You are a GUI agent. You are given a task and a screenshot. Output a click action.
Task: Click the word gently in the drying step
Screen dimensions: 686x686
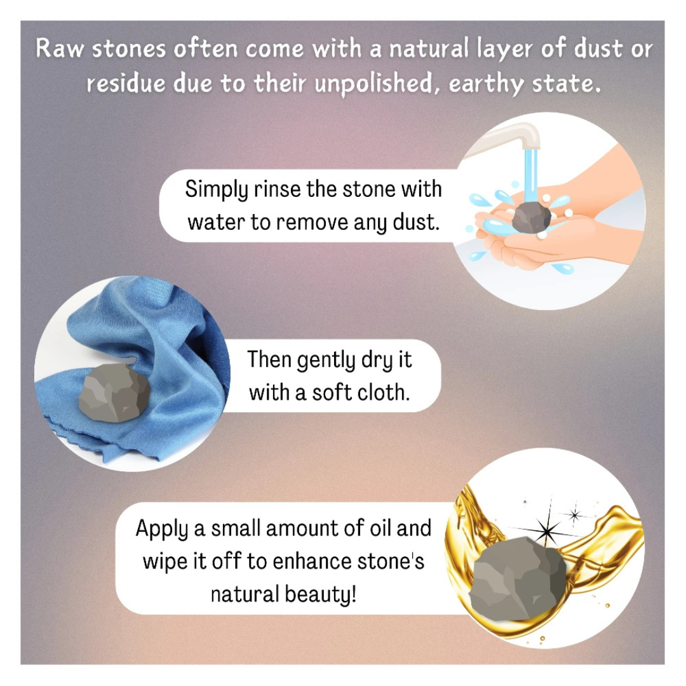tap(319, 361)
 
